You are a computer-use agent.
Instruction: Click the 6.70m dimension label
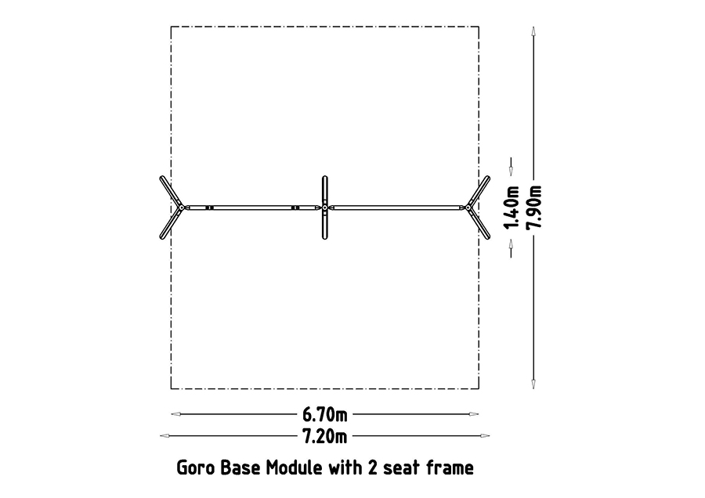(x=324, y=414)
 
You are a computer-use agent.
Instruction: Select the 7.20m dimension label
(x=324, y=436)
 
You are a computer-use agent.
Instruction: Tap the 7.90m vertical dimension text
(x=535, y=206)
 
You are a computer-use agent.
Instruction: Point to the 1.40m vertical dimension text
(x=512, y=207)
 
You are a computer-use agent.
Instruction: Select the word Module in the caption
(x=295, y=468)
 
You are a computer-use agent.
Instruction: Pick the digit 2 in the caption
(x=373, y=468)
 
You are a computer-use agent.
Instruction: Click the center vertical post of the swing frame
(x=324, y=207)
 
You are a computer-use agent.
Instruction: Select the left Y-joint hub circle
(x=181, y=207)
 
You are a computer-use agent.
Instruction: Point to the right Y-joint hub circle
(x=468, y=207)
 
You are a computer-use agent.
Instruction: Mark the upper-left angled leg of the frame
(x=171, y=192)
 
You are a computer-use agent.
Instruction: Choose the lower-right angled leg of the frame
(x=479, y=223)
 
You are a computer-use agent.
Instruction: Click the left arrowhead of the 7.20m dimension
(x=165, y=435)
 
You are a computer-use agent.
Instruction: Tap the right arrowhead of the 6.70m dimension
(x=474, y=414)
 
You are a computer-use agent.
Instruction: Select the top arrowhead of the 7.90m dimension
(x=533, y=31)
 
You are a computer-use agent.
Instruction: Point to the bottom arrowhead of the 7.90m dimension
(x=533, y=384)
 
